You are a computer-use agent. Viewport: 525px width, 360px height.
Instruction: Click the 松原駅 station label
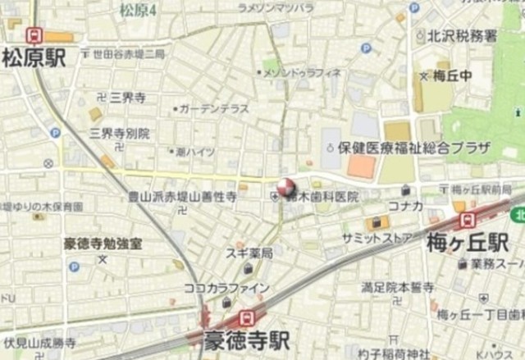[34, 57]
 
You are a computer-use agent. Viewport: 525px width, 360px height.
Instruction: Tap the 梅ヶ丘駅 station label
[468, 242]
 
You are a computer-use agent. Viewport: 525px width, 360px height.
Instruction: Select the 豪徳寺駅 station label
[248, 339]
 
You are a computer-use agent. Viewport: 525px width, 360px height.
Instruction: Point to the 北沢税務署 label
[462, 35]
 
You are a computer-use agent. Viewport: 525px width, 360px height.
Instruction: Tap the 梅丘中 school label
[447, 76]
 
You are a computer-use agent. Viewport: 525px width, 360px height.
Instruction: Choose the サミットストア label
[380, 237]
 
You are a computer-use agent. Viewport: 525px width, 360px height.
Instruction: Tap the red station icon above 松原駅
[34, 36]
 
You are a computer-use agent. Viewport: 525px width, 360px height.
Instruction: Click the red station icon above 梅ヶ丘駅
[468, 220]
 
